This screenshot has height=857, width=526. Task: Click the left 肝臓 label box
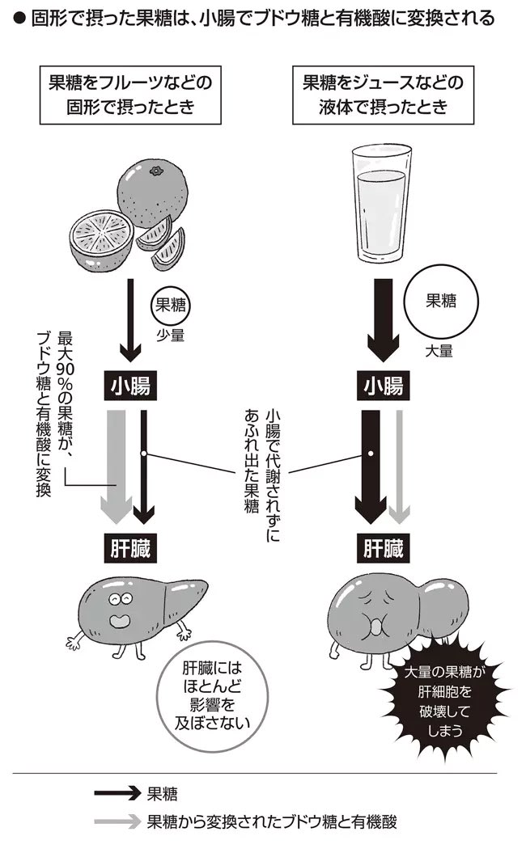click(x=129, y=550)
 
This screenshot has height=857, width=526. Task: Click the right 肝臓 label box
click(x=382, y=550)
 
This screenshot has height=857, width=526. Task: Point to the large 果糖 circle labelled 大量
click(x=440, y=302)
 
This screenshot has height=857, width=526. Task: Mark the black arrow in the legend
click(x=117, y=793)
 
